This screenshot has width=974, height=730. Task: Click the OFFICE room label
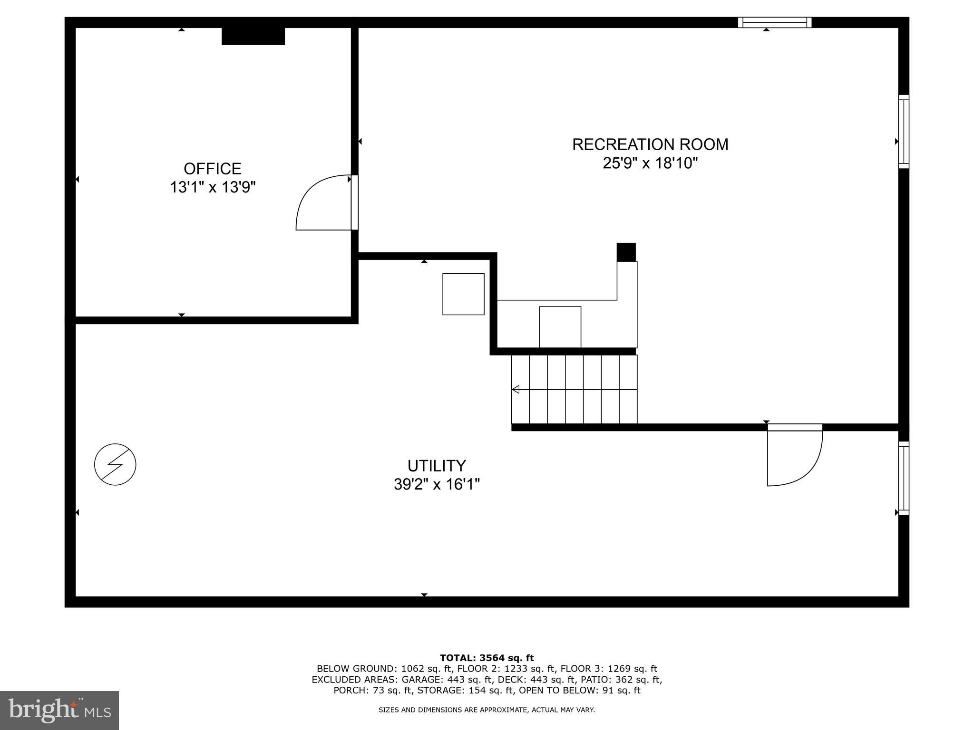tap(213, 169)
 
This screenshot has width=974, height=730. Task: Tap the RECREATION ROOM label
tap(650, 144)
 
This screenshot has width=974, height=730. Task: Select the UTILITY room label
tap(436, 465)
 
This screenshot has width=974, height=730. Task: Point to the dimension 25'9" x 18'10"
tap(650, 163)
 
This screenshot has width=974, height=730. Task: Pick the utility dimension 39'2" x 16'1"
tap(436, 484)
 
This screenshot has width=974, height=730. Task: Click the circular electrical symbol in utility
tap(115, 464)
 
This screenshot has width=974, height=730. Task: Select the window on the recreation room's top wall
tap(774, 22)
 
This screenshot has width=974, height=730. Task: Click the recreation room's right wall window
tap(903, 132)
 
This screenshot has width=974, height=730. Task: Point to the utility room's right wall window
tap(903, 478)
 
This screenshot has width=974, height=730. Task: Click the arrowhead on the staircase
tap(516, 390)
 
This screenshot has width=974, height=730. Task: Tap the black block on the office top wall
tap(253, 36)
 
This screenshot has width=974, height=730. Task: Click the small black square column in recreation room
tap(626, 252)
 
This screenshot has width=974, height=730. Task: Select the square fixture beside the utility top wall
tap(463, 294)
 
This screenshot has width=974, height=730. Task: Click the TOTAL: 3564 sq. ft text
tap(487, 658)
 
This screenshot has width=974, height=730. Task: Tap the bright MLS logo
tap(59, 710)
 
